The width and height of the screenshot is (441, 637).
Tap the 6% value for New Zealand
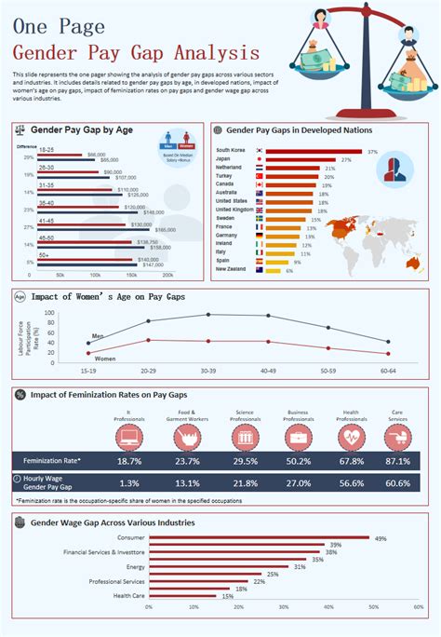click(x=289, y=270)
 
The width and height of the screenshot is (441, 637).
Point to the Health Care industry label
click(x=129, y=595)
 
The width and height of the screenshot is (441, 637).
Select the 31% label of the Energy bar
click(x=300, y=566)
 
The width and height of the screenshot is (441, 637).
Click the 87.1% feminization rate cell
click(x=397, y=460)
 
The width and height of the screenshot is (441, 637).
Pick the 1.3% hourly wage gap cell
click(x=128, y=482)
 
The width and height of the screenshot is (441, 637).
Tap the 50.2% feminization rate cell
click(x=299, y=460)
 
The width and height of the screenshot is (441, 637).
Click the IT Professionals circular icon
click(x=128, y=435)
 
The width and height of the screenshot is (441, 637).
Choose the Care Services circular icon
click(x=397, y=435)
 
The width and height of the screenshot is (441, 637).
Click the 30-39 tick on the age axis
click(x=208, y=370)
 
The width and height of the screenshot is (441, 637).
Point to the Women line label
click(x=104, y=358)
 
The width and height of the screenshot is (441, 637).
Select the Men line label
click(x=98, y=335)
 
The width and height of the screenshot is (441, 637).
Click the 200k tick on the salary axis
click(x=168, y=276)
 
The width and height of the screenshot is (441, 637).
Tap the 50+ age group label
click(x=45, y=254)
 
